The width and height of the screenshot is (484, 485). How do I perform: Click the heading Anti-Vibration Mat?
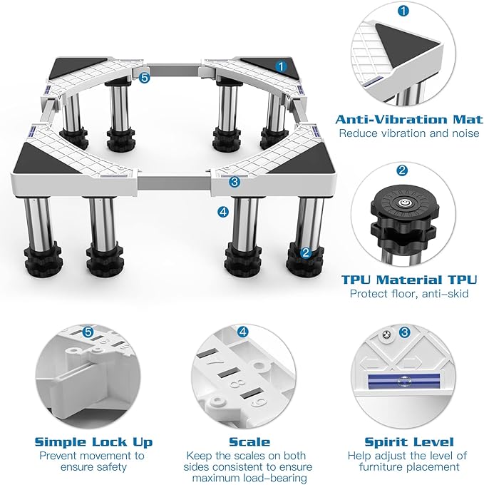[x=408, y=119]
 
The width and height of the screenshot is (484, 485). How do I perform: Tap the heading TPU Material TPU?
[x=409, y=280]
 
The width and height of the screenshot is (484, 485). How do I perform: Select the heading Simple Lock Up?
[x=93, y=442]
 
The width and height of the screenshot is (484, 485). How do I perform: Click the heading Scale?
[x=249, y=441]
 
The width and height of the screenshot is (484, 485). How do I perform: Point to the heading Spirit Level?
[x=409, y=442]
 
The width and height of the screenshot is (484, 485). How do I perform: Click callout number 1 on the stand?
[x=281, y=66]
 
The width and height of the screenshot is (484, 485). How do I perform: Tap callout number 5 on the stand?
[x=144, y=78]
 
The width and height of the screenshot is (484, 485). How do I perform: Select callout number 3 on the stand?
[x=235, y=182]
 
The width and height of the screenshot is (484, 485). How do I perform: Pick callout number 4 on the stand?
[x=223, y=212]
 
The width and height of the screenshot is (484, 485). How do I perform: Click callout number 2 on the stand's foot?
[x=305, y=252]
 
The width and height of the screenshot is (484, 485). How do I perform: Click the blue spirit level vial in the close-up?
[x=403, y=381]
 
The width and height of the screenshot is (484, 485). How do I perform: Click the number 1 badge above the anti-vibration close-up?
[x=403, y=11]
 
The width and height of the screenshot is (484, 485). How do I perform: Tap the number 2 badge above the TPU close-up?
[x=402, y=170]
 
